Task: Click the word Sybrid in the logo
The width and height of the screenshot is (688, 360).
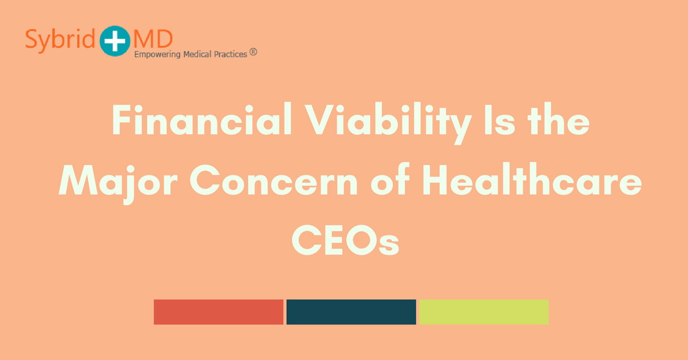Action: point(61,39)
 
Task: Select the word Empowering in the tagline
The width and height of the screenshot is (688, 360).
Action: point(157,55)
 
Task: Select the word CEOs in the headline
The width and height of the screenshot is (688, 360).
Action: point(345,241)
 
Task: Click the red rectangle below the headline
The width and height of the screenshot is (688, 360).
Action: point(218,312)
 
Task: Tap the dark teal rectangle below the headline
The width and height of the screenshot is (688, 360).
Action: point(351,312)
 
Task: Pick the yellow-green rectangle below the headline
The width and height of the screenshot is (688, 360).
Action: point(483,312)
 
